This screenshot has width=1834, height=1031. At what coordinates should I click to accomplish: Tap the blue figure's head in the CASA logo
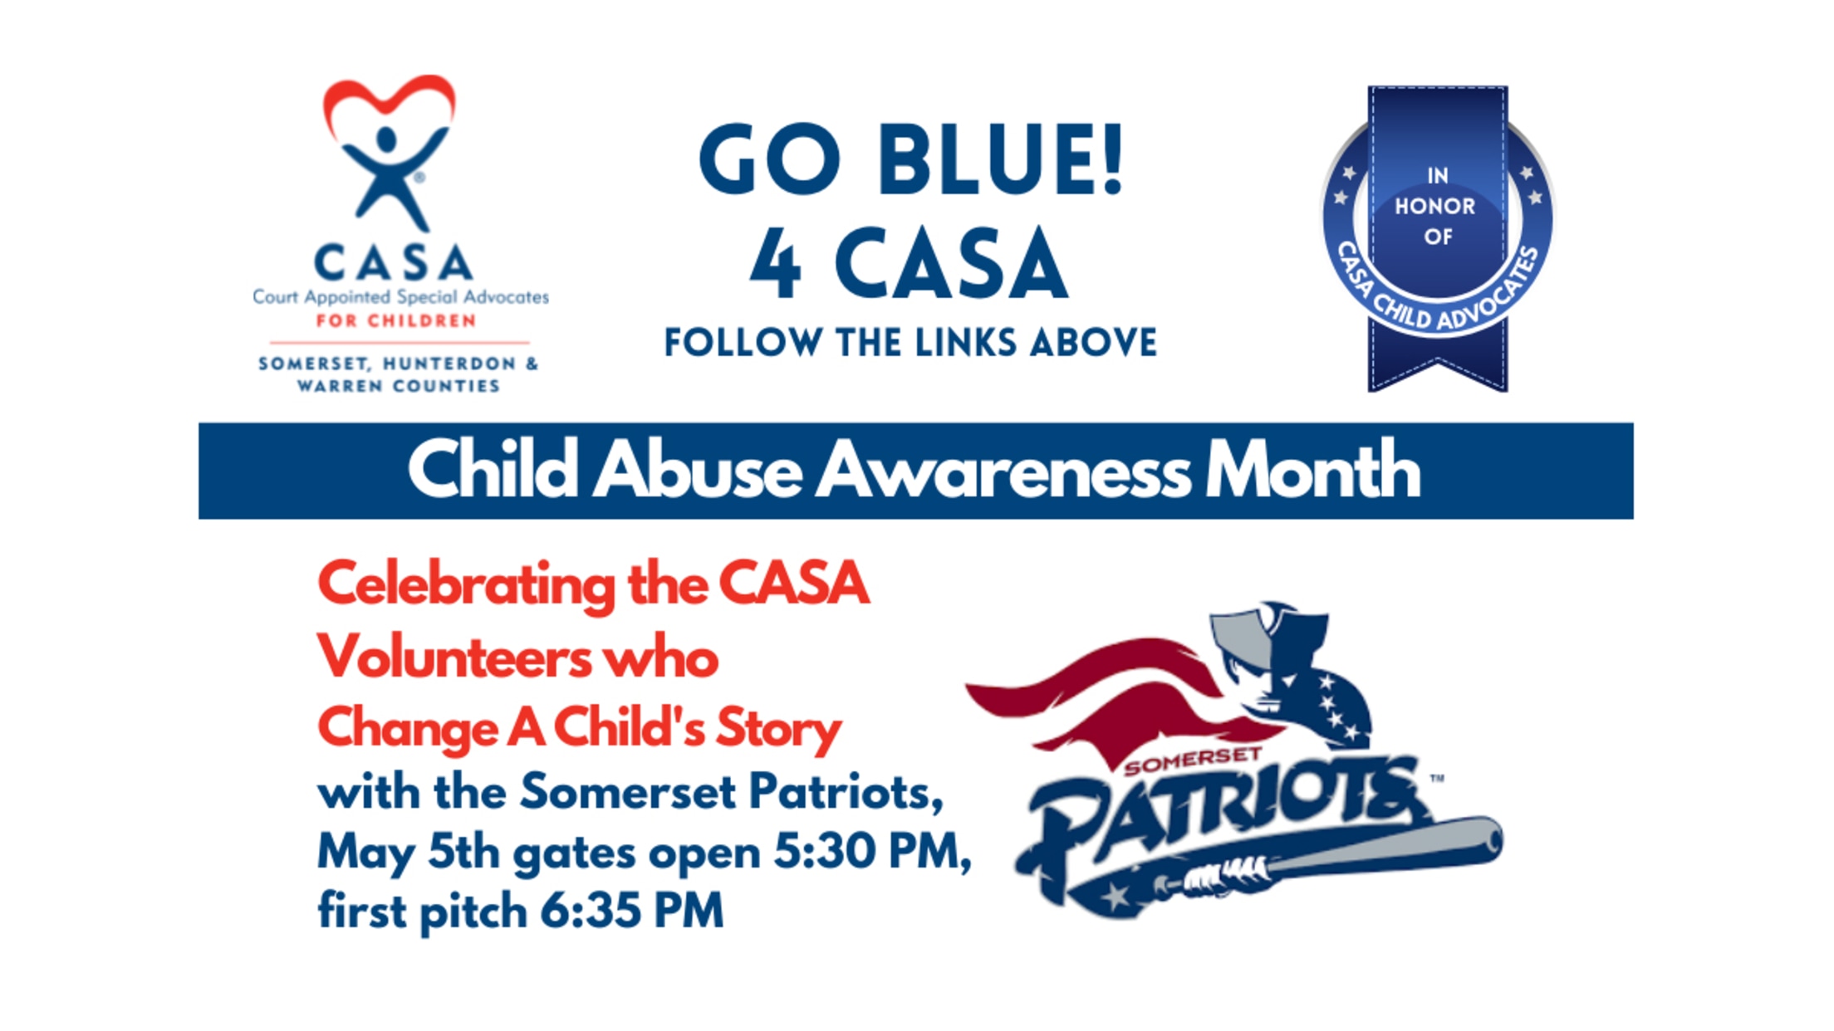tap(386, 139)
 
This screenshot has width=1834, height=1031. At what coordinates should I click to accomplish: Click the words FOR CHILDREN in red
tap(396, 321)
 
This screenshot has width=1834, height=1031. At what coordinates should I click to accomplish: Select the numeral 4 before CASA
tap(776, 263)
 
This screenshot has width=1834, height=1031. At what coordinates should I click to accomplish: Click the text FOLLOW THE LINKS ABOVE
tap(910, 343)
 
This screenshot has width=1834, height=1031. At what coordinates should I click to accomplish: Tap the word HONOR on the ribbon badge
tap(1435, 207)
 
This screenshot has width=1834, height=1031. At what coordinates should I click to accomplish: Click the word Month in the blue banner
tap(1312, 470)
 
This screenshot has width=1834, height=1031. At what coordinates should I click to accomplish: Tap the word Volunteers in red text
tap(454, 657)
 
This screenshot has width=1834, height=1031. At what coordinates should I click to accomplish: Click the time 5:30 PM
tap(872, 852)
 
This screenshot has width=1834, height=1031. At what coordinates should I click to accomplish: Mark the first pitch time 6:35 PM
tap(632, 911)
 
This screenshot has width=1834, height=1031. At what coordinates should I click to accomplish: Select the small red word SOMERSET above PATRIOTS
tap(1193, 761)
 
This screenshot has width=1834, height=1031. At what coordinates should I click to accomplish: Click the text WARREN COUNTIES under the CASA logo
tap(399, 386)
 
